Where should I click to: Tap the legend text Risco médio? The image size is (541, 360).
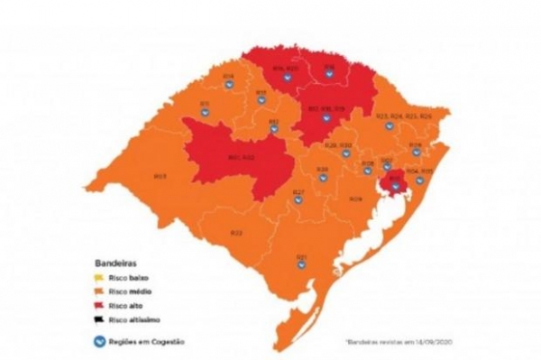pos(121,291)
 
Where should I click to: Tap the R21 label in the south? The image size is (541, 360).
pos(301,256)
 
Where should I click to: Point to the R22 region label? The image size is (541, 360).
pos(236,233)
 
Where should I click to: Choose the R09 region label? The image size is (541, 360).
pos(355,198)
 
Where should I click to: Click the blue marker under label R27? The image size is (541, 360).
pos(298,200)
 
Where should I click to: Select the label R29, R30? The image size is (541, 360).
pos(336,145)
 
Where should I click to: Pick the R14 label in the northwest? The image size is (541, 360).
pos(228,75)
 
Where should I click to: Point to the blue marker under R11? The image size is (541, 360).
pos(205,114)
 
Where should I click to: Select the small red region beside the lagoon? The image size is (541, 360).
pos(394,186)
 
